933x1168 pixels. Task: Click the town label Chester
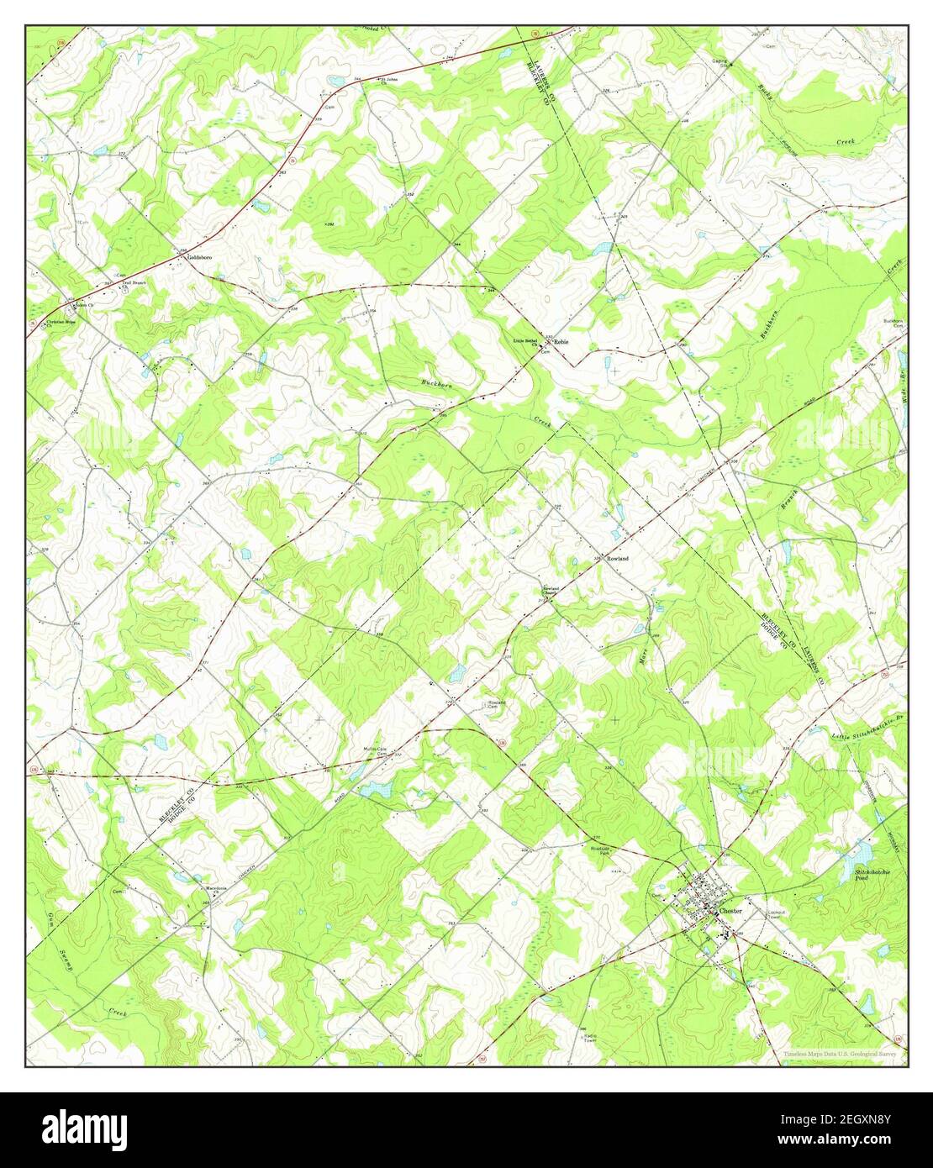click(x=732, y=911)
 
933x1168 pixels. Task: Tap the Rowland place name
click(x=617, y=558)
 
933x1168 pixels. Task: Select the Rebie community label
click(x=561, y=342)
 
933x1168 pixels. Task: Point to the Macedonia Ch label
click(x=218, y=889)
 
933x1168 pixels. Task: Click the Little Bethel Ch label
click(x=525, y=342)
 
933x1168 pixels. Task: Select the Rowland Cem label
click(x=498, y=704)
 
